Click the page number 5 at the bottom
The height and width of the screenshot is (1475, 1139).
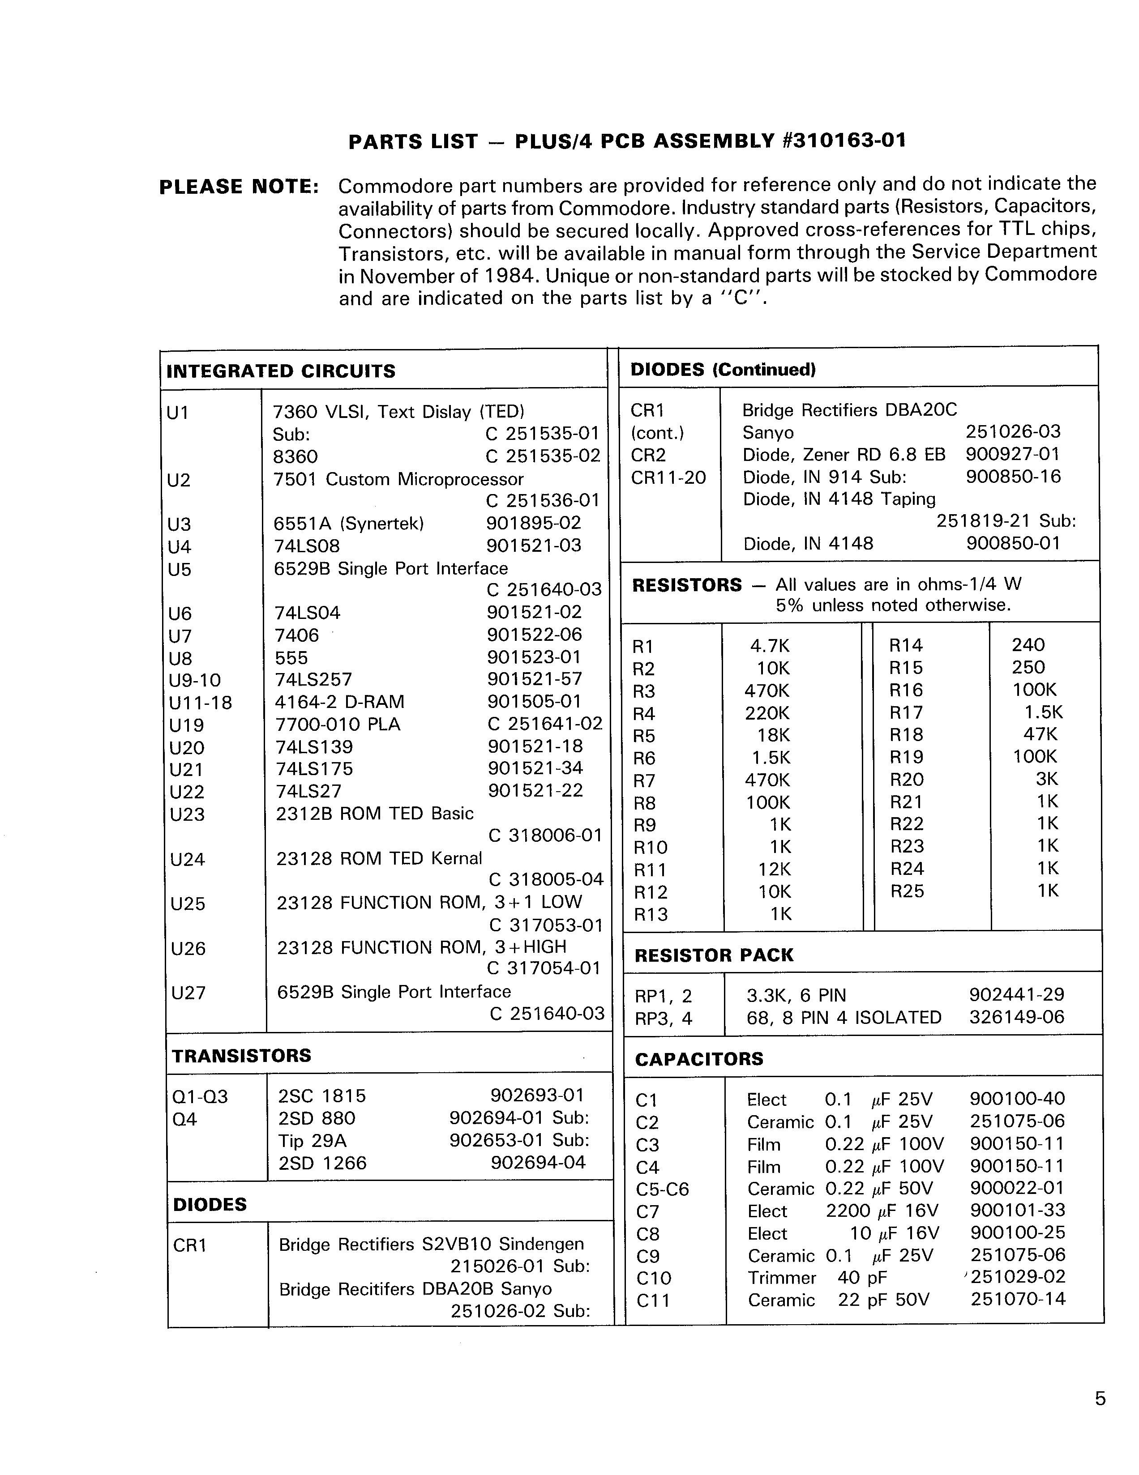click(x=1100, y=1398)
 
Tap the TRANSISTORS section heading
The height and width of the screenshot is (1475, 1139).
click(x=241, y=1056)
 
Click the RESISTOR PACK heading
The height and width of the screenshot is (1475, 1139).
click(x=714, y=955)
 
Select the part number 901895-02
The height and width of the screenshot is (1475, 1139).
click(x=533, y=523)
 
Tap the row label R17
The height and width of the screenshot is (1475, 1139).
click(x=906, y=712)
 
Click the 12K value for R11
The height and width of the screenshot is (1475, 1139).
click(x=774, y=869)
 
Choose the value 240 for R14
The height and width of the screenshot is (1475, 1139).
click(x=1028, y=645)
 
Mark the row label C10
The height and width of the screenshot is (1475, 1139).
click(x=653, y=1278)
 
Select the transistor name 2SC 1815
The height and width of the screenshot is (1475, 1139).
click(x=321, y=1096)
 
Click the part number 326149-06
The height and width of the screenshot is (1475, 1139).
click(x=1016, y=1017)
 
